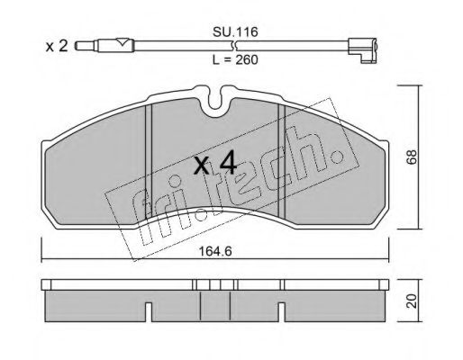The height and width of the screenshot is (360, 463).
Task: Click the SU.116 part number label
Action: point(235,31)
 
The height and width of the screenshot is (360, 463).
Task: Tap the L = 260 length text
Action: point(235,60)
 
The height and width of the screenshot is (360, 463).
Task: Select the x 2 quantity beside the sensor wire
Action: point(57,47)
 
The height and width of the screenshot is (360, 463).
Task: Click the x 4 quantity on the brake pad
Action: point(215,165)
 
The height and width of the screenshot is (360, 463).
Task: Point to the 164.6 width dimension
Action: point(215,252)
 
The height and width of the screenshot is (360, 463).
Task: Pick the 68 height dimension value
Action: point(412,157)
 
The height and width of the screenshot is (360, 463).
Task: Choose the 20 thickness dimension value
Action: point(412,301)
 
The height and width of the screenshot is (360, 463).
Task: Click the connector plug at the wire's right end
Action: point(362,50)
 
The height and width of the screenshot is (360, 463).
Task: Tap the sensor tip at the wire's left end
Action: point(86,46)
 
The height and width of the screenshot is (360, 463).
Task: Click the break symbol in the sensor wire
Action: point(235,46)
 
